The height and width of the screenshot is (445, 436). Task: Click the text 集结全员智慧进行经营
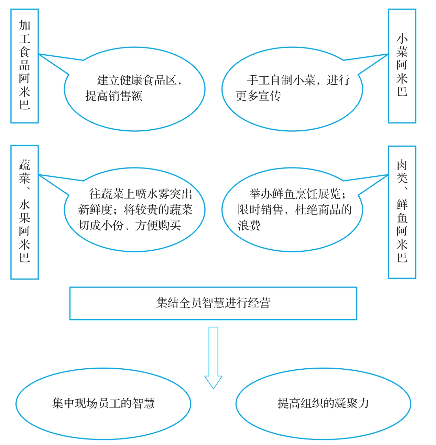213,303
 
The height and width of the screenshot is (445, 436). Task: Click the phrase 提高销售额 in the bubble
114,96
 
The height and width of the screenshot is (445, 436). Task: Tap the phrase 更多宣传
258,96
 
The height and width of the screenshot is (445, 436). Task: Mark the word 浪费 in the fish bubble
249,225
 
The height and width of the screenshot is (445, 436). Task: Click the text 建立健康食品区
137,80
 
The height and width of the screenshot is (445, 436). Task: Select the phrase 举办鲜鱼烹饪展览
295,194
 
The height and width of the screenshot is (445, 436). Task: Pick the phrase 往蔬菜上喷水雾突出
141,194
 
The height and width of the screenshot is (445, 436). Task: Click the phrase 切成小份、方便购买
129,225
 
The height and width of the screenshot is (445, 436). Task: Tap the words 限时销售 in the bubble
261,209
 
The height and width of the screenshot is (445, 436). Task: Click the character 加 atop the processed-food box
24,25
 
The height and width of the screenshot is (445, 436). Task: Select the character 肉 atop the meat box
402,165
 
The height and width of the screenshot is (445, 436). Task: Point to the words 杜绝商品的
323,209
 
